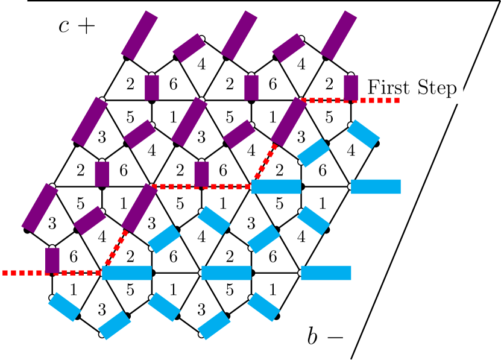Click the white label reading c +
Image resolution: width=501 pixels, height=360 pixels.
pyautogui.click(x=77, y=26)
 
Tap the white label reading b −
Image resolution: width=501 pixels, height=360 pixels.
pyautogui.click(x=326, y=336)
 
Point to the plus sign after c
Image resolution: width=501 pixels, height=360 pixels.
pyautogui.click(x=87, y=27)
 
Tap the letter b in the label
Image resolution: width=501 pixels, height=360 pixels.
pyautogui.click(x=312, y=336)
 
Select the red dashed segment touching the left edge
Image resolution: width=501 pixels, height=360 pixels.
pyautogui.click(x=24, y=273)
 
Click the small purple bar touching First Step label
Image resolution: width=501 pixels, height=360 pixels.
pyautogui.click(x=351, y=87)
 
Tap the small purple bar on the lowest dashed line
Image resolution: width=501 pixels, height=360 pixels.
pyautogui.click(x=52, y=260)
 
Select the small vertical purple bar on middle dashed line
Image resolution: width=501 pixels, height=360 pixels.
pyautogui.click(x=201, y=174)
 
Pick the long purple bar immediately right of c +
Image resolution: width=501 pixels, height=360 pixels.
pyautogui.click(x=139, y=35)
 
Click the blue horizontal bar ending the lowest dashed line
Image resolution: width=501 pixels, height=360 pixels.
pyautogui.click(x=127, y=273)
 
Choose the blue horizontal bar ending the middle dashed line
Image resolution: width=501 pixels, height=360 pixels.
pyautogui.click(x=276, y=186)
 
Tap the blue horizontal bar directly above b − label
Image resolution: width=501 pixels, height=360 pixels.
pyautogui.click(x=326, y=273)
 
